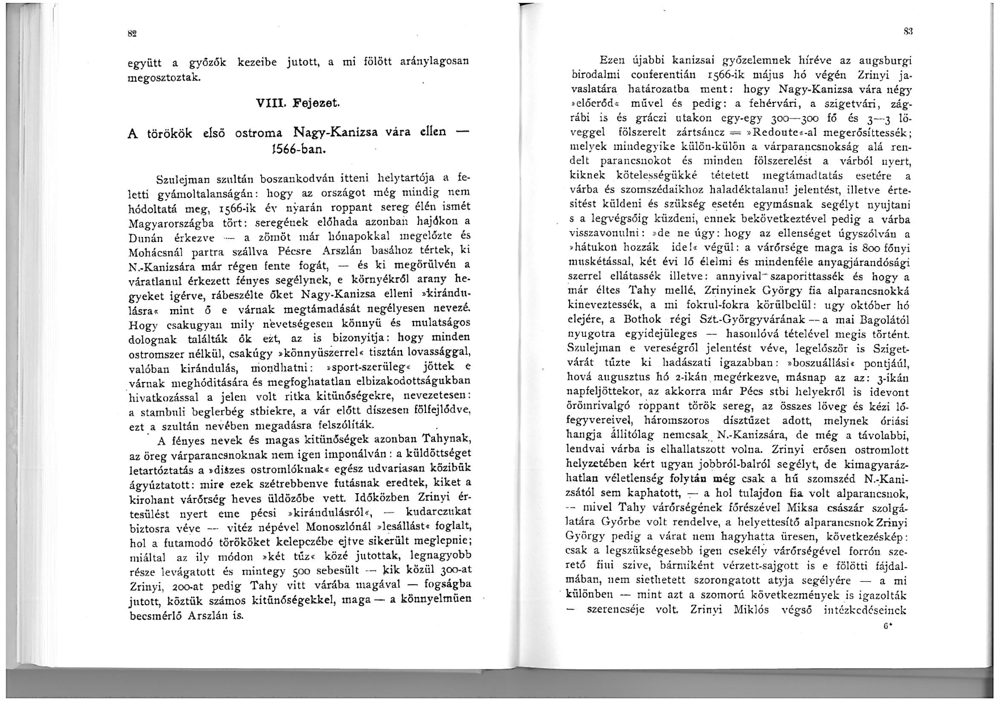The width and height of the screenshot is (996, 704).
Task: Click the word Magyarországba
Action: tap(168, 221)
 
